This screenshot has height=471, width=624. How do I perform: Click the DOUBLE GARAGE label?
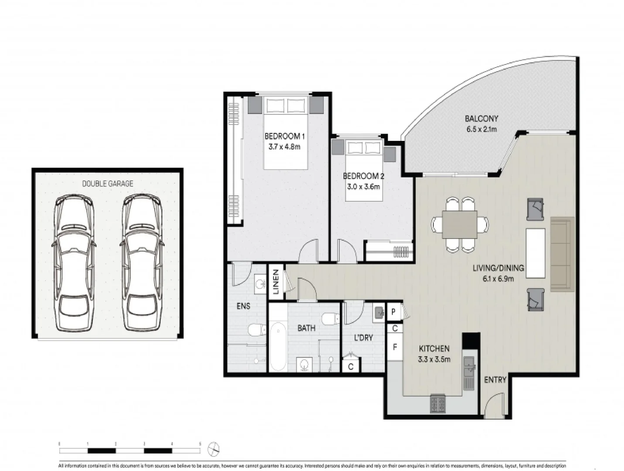(107, 184)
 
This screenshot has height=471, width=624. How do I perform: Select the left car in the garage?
(74, 263)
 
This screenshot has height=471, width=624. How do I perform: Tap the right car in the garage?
(141, 263)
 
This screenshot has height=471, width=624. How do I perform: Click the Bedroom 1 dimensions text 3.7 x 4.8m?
(284, 147)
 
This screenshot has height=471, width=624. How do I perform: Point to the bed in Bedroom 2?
(364, 170)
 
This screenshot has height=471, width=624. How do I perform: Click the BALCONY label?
(481, 119)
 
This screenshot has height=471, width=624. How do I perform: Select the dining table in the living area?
(459, 225)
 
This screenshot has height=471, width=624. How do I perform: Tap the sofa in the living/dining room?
(561, 254)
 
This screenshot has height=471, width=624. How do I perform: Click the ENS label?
(243, 306)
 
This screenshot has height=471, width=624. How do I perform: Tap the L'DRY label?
(363, 338)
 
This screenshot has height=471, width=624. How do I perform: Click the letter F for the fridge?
(395, 348)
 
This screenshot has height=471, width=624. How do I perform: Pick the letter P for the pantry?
(393, 312)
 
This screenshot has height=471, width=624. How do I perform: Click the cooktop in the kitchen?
(437, 403)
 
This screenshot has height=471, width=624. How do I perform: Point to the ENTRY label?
(495, 380)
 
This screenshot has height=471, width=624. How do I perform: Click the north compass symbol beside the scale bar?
(214, 449)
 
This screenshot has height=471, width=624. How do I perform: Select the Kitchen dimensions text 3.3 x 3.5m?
(434, 359)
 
